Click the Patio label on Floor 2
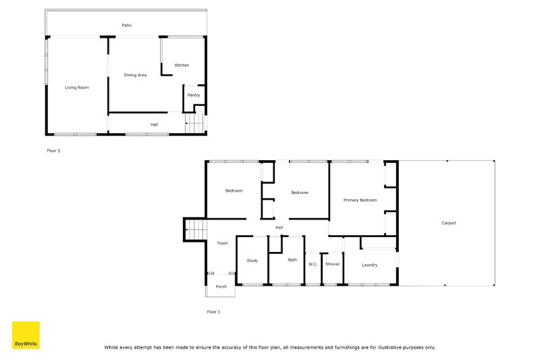tap(126, 26)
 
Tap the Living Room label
tap(77, 88)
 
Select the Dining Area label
tap(135, 75)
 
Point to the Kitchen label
tap(182, 66)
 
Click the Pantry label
tap(194, 95)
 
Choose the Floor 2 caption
tap(53, 151)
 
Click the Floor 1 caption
tap(213, 312)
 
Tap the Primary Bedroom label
tap(360, 201)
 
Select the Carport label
tap(449, 223)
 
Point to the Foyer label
tap(222, 243)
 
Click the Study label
tap(252, 261)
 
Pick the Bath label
tap(292, 260)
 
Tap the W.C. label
tap(313, 264)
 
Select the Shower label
tap(333, 264)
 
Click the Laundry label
tap(369, 265)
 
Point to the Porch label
tap(221, 287)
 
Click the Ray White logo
tap(26, 335)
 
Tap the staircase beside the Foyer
tap(194, 230)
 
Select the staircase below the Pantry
tap(194, 124)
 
